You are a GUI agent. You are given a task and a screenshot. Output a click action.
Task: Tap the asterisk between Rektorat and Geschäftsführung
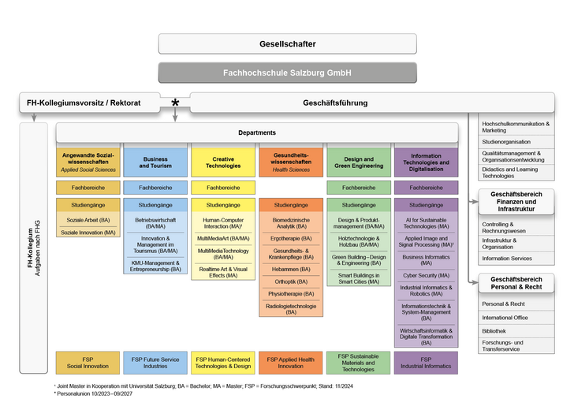coord(175,103)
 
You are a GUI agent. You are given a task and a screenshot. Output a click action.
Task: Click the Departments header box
coord(257,132)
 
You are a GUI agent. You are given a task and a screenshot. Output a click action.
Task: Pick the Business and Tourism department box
coord(155,162)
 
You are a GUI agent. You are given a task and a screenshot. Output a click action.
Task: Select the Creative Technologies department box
coord(223,162)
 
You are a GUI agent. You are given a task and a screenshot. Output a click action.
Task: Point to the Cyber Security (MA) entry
coord(426,275)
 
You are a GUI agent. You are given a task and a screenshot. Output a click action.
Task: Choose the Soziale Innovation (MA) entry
coord(88,233)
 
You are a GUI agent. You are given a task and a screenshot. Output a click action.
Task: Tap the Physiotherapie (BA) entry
coord(291,293)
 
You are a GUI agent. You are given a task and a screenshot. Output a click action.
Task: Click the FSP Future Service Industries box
coord(155,363)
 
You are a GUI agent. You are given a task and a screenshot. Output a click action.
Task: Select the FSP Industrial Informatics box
coord(426,363)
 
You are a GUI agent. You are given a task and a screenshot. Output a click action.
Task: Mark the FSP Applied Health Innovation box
coord(291,363)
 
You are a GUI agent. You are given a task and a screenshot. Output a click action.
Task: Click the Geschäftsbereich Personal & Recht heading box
coord(516,283)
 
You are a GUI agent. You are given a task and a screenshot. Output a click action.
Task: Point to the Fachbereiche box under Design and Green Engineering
coord(359,188)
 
